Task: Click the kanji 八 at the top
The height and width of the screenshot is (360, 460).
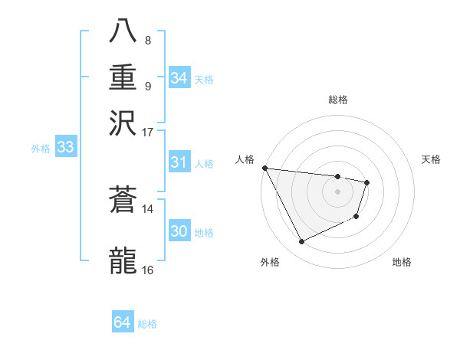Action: click(123, 32)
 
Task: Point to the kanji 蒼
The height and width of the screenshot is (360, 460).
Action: click(123, 201)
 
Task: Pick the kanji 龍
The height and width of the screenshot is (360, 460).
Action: click(123, 260)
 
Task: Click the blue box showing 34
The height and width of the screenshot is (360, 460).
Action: click(179, 78)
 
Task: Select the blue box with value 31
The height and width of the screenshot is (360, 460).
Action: click(179, 162)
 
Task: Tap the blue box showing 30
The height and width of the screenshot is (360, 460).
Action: click(179, 231)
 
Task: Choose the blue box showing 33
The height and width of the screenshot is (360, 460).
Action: click(65, 148)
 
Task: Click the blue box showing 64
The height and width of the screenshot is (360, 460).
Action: click(122, 323)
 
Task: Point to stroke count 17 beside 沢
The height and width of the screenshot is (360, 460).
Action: click(148, 132)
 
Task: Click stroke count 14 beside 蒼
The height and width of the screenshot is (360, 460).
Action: click(148, 208)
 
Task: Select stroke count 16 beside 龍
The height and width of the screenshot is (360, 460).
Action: click(148, 270)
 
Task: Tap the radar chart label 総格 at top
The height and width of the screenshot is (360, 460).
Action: click(338, 100)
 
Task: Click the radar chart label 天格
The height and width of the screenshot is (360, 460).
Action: click(432, 159)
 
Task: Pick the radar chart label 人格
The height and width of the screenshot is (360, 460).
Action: click(245, 159)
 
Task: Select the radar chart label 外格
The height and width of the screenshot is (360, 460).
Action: click(270, 262)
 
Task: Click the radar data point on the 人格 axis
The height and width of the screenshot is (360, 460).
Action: click(264, 168)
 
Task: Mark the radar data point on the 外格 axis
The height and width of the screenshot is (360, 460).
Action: click(301, 242)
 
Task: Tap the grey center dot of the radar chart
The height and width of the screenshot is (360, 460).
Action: click(338, 191)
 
